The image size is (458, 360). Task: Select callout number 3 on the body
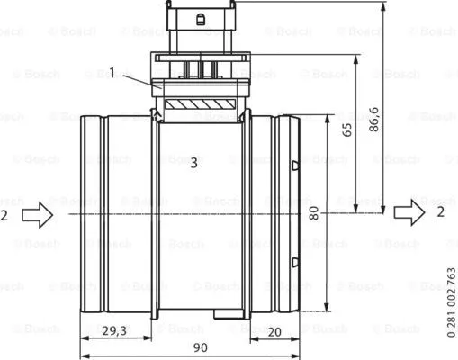193,163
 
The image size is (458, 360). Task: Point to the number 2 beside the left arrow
5,214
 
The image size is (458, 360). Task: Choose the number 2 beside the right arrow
441,212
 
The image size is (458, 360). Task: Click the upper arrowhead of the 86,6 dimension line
385,7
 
